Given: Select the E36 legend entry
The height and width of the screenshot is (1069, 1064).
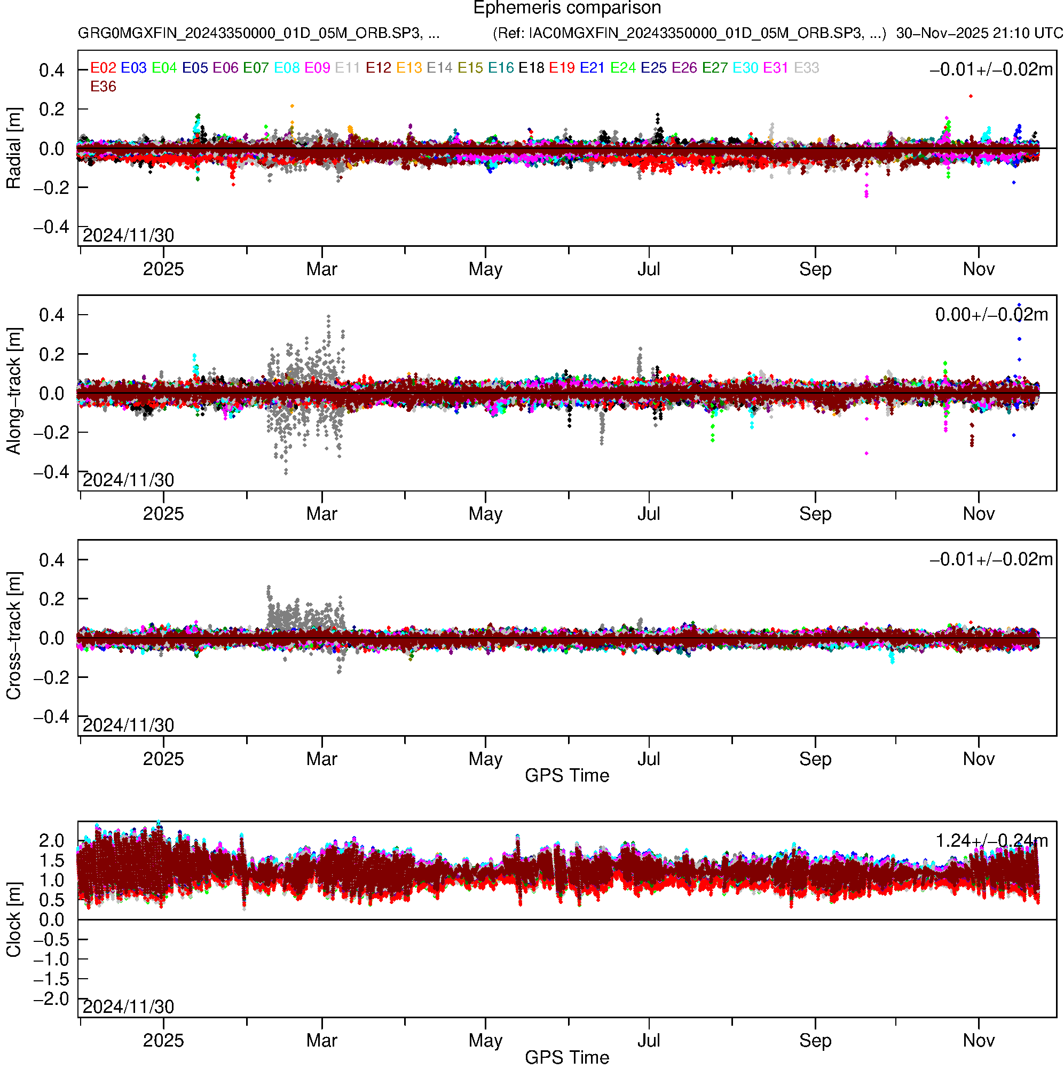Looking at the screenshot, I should coord(103,87).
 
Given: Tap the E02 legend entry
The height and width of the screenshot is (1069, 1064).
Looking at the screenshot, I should coord(103,68).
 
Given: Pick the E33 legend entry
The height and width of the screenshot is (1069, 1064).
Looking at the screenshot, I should coord(806,68).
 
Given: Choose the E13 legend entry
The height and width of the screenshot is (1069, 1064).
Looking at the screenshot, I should coord(409,68).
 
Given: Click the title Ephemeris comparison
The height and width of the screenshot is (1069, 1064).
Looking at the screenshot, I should coord(567,9).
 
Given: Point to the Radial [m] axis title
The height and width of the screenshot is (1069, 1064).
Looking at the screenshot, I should coord(13,149).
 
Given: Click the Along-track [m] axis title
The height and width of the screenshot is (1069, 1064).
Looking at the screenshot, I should coord(13,391).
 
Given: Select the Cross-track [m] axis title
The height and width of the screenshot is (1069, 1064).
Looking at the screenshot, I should coord(13,636).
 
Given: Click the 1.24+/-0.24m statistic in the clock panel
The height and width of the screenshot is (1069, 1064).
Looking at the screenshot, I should coord(991,841).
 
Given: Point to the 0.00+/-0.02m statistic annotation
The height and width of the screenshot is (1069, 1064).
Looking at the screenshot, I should coord(991,315).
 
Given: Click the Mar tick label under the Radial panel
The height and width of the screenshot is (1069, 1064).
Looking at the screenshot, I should coord(322,269).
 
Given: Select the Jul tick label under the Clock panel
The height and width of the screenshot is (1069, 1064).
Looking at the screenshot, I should coord(649,1041).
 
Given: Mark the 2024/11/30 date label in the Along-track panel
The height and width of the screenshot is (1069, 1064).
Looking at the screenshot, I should coord(128,480).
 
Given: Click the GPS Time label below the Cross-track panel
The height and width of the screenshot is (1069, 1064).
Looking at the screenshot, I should coord(567,776).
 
